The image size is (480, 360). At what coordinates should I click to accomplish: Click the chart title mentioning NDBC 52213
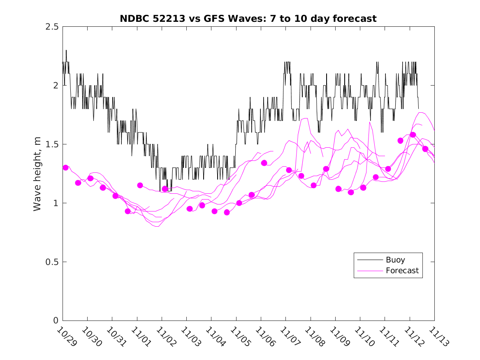pos(248,19)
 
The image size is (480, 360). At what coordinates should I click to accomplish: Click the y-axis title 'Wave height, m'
pos(37,174)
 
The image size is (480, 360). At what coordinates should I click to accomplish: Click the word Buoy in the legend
pos(395,260)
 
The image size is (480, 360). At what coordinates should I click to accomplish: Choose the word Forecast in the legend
pos(402,271)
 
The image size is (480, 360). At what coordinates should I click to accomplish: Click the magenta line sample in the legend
pos(369,271)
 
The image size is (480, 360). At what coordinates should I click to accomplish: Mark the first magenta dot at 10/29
pos(65,167)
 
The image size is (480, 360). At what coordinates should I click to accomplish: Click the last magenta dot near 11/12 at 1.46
pos(425,149)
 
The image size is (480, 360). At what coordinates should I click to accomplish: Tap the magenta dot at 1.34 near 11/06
pos(264,163)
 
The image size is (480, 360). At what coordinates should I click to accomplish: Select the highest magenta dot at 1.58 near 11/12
pos(413,135)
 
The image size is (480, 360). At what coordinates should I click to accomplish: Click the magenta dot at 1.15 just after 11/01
pos(140,185)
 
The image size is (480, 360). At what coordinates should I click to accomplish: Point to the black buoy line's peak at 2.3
pos(66,51)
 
